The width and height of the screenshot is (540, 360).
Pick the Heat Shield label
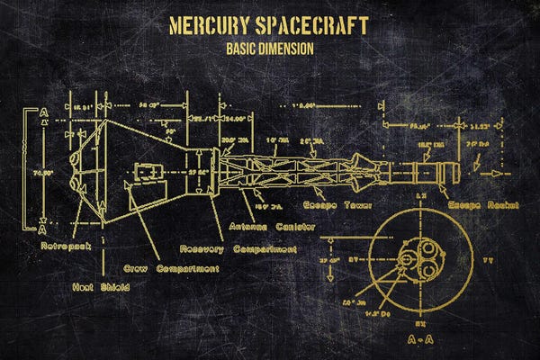coord(101,287)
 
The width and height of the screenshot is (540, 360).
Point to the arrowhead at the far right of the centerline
coord(493,171)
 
